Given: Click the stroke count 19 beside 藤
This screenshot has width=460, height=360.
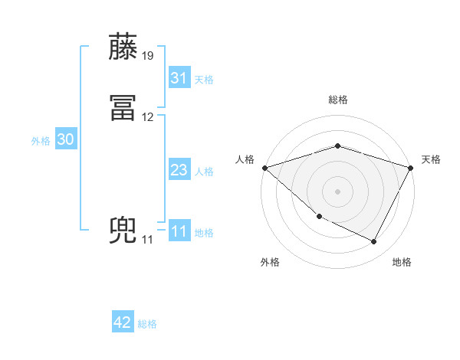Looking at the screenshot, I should tap(148, 56).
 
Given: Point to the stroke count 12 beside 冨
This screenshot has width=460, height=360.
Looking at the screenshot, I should tap(148, 117).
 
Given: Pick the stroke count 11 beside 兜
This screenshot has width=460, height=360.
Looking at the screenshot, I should tap(147, 240).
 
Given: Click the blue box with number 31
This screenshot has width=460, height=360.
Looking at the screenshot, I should tap(179, 78).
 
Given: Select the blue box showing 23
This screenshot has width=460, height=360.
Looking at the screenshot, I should tap(179, 170).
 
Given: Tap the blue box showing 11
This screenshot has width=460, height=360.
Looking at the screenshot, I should tap(179, 231).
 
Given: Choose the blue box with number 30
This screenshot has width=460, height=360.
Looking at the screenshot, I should tap(66, 139).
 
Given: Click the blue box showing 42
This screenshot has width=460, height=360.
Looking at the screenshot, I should tap(123, 322).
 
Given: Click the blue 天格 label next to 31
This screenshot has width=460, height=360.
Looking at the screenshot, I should tap(204, 80).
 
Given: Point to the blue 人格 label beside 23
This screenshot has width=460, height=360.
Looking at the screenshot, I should tap(204, 172).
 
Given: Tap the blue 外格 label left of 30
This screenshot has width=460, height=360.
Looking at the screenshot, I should tap(41, 141).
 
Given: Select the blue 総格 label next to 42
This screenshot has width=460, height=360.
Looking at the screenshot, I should tap(147, 324).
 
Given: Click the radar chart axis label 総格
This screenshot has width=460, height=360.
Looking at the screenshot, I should tap(337, 100).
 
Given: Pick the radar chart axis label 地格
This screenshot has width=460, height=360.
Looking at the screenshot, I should tap(402, 262).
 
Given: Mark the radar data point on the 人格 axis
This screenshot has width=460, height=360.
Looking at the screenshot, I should tap(264, 167).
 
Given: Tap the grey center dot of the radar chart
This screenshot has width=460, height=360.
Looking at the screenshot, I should tap(337, 191).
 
